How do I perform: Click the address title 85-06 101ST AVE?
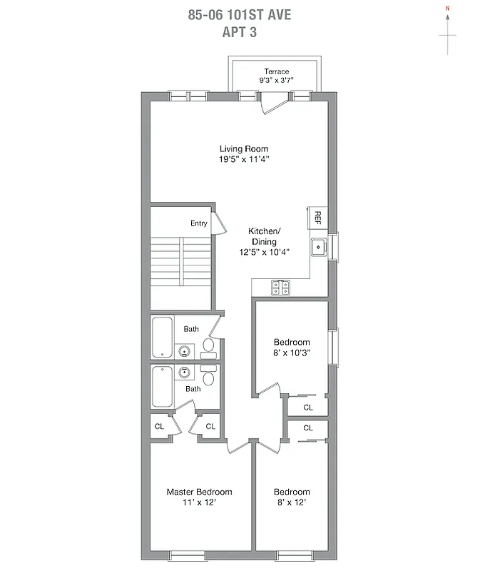[x=240, y=15]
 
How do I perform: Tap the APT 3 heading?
[x=240, y=31]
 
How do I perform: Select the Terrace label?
[x=276, y=71]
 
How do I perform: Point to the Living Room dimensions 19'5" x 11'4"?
[x=244, y=160]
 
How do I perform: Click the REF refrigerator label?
[x=318, y=216]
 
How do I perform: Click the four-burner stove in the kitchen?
[x=281, y=288]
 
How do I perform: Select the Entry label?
[x=199, y=223]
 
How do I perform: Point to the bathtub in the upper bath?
[x=162, y=338]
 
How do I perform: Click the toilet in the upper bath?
[x=208, y=346]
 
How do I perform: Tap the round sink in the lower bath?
[x=185, y=372]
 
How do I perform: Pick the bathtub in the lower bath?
[x=162, y=388]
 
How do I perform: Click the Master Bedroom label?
[x=199, y=492]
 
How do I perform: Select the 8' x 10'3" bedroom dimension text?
[x=292, y=353]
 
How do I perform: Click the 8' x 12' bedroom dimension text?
[x=292, y=502]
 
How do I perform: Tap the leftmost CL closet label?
[x=160, y=426]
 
